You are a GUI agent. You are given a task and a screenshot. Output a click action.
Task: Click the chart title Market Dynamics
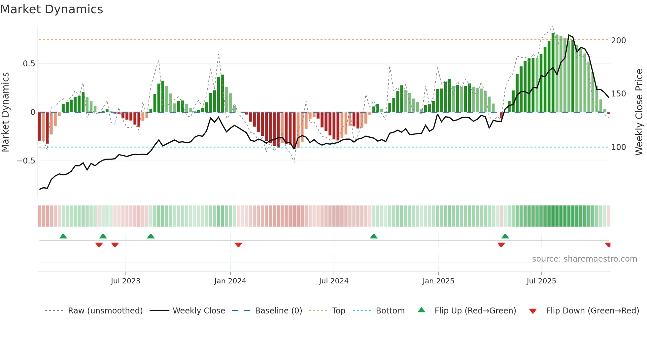point(51,9)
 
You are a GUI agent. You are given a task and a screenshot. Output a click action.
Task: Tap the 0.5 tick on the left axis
point(29,64)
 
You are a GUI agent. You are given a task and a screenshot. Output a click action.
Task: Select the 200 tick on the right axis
point(618,41)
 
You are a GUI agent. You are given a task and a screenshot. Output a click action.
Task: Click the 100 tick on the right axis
point(618,147)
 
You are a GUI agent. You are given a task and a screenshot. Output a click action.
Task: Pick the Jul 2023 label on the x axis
point(125,281)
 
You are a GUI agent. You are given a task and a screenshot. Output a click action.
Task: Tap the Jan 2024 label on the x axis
point(230,281)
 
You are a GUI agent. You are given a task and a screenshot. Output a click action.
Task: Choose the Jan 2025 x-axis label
point(438,281)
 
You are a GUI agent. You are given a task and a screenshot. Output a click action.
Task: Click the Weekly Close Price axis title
point(639,112)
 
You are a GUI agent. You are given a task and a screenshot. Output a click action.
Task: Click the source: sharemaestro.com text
point(584,259)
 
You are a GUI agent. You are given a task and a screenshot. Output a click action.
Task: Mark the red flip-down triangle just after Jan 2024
point(238,245)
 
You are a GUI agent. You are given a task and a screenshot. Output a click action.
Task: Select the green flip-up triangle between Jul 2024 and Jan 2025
point(374,236)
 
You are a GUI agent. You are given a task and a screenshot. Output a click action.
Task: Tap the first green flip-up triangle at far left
point(63,236)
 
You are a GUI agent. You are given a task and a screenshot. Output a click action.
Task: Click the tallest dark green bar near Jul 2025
point(553,73)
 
